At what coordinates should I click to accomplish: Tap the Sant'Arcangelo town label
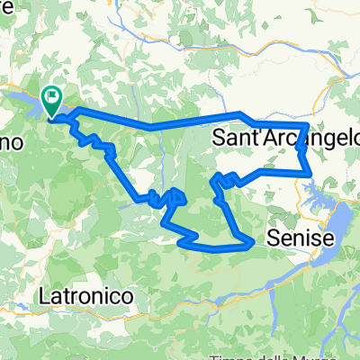click(287, 138)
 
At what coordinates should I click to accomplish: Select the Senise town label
click(301, 238)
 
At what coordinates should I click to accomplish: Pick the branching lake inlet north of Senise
click(315, 187)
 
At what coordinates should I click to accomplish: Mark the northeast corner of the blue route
click(309, 124)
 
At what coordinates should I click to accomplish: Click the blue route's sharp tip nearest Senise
click(250, 240)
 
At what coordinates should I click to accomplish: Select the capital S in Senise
click(274, 238)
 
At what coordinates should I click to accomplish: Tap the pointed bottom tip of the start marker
click(52, 114)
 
